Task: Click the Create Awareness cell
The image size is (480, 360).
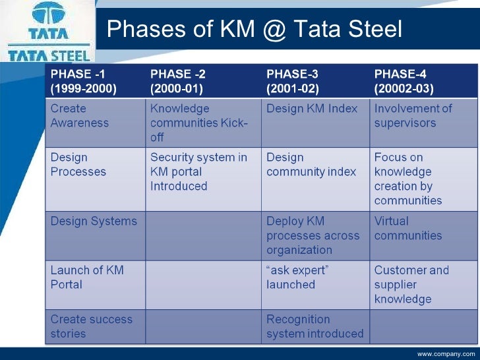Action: tap(80, 115)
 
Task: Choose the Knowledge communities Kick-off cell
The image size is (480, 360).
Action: tap(198, 123)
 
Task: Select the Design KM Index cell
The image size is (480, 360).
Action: tap(312, 109)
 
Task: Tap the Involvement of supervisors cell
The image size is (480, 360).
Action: tap(413, 115)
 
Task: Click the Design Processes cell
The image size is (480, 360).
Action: tap(78, 165)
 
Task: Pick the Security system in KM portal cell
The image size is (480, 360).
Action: tap(198, 171)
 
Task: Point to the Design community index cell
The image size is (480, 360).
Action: tap(311, 165)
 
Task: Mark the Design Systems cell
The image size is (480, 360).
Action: tap(94, 222)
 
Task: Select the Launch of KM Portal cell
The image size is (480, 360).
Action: tap(87, 277)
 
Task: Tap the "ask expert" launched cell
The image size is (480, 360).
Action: tap(297, 277)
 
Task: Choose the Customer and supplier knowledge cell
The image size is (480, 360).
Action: tap(411, 284)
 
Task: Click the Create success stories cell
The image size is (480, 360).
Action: tap(92, 326)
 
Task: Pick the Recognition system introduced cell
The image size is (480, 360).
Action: tap(315, 326)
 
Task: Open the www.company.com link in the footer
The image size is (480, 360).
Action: tap(446, 355)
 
